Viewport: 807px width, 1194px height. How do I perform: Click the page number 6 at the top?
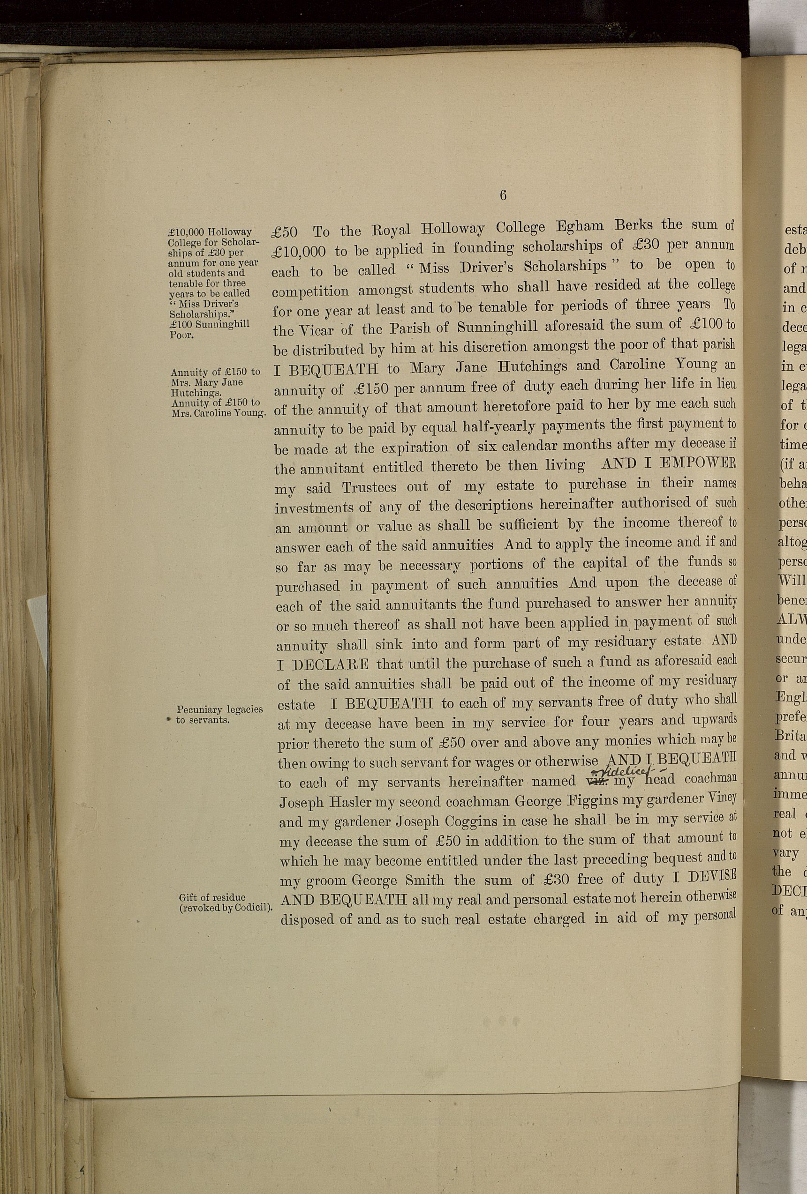(x=503, y=196)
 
